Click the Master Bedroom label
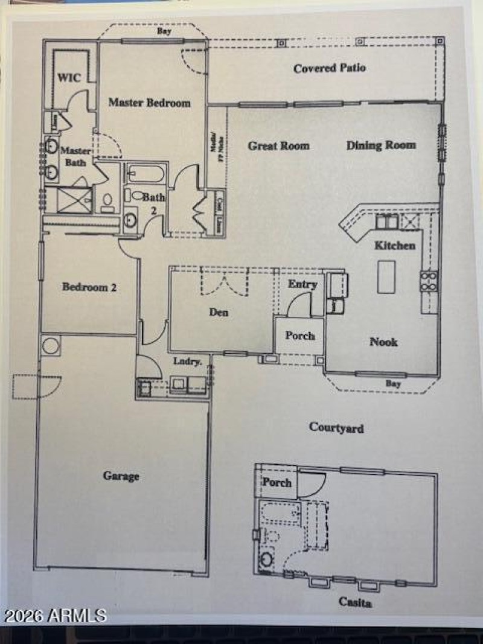click(x=149, y=103)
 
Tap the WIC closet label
click(x=69, y=78)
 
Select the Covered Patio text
click(x=330, y=68)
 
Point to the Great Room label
click(x=279, y=145)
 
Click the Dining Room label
click(x=381, y=145)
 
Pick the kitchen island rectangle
click(x=386, y=276)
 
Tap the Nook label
click(x=383, y=342)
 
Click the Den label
click(x=219, y=313)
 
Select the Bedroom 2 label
click(x=89, y=287)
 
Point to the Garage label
click(x=121, y=476)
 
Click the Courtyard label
click(x=336, y=428)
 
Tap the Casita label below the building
click(x=354, y=602)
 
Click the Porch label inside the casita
click(x=277, y=483)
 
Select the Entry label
click(x=302, y=284)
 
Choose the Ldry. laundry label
click(x=183, y=361)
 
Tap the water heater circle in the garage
click(x=50, y=346)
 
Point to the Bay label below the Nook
click(x=393, y=383)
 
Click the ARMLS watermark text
click(x=55, y=616)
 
